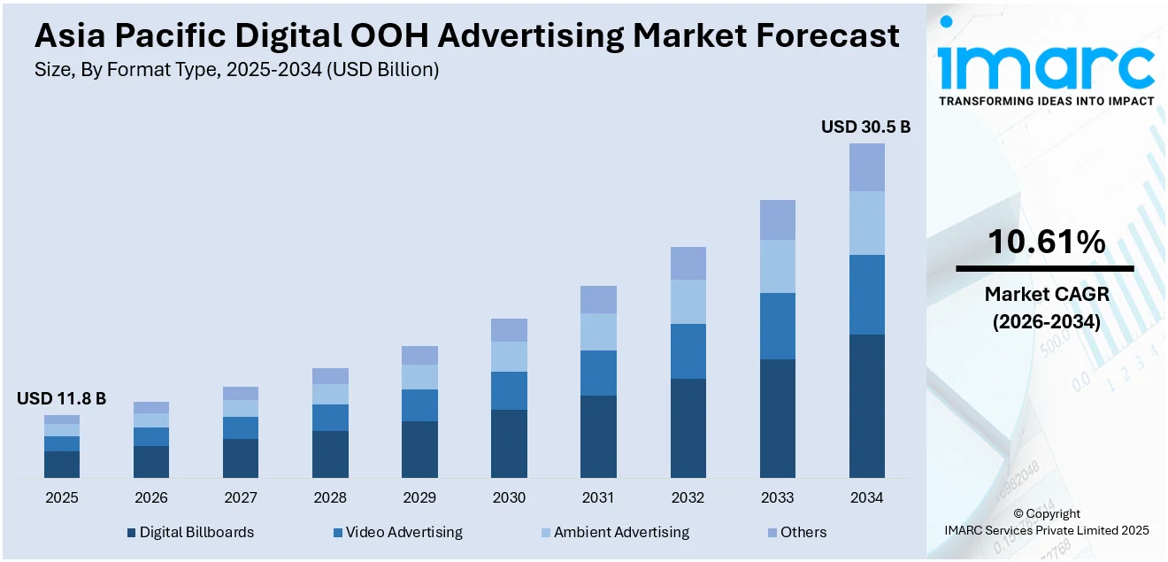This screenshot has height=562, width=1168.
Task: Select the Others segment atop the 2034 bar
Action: click(x=866, y=167)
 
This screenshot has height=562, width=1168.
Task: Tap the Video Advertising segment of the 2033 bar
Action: click(x=777, y=326)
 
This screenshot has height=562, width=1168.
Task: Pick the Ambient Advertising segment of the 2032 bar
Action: click(x=688, y=302)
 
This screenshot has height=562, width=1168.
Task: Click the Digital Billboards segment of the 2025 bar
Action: click(x=62, y=464)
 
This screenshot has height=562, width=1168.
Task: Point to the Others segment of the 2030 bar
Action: click(x=509, y=330)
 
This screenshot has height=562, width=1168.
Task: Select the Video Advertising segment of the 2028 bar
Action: click(x=330, y=418)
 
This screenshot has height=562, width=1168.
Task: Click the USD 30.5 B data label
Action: click(x=865, y=127)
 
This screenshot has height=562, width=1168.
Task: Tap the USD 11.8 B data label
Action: click(x=61, y=399)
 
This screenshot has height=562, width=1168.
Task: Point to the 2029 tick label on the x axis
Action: click(x=419, y=498)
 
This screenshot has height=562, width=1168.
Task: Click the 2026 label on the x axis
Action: click(x=151, y=498)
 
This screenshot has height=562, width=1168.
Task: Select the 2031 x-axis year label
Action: click(x=598, y=498)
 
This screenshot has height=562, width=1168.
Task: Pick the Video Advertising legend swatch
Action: click(x=338, y=533)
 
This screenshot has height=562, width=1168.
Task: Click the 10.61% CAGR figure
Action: click(x=1046, y=242)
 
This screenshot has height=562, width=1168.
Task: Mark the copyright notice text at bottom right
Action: click(x=1046, y=522)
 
